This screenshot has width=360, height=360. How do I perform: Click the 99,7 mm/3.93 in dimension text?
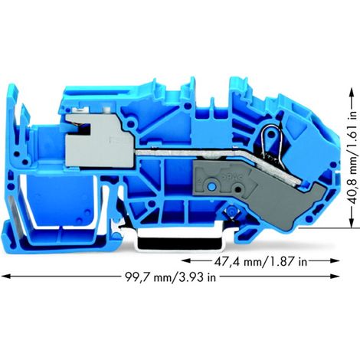click(x=171, y=277)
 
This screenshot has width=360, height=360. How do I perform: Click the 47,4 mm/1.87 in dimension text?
click(x=260, y=261)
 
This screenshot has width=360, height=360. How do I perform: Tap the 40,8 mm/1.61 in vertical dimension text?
click(x=352, y=158)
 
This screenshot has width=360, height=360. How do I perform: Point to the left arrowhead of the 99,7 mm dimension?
click(x=6, y=277)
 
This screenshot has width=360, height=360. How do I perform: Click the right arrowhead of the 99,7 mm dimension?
click(x=335, y=277)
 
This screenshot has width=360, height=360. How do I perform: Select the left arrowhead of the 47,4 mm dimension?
click(x=186, y=260)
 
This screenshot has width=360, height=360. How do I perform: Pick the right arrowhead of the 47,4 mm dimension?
click(x=335, y=260)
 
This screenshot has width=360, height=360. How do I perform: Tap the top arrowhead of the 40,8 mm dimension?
click(x=352, y=93)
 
